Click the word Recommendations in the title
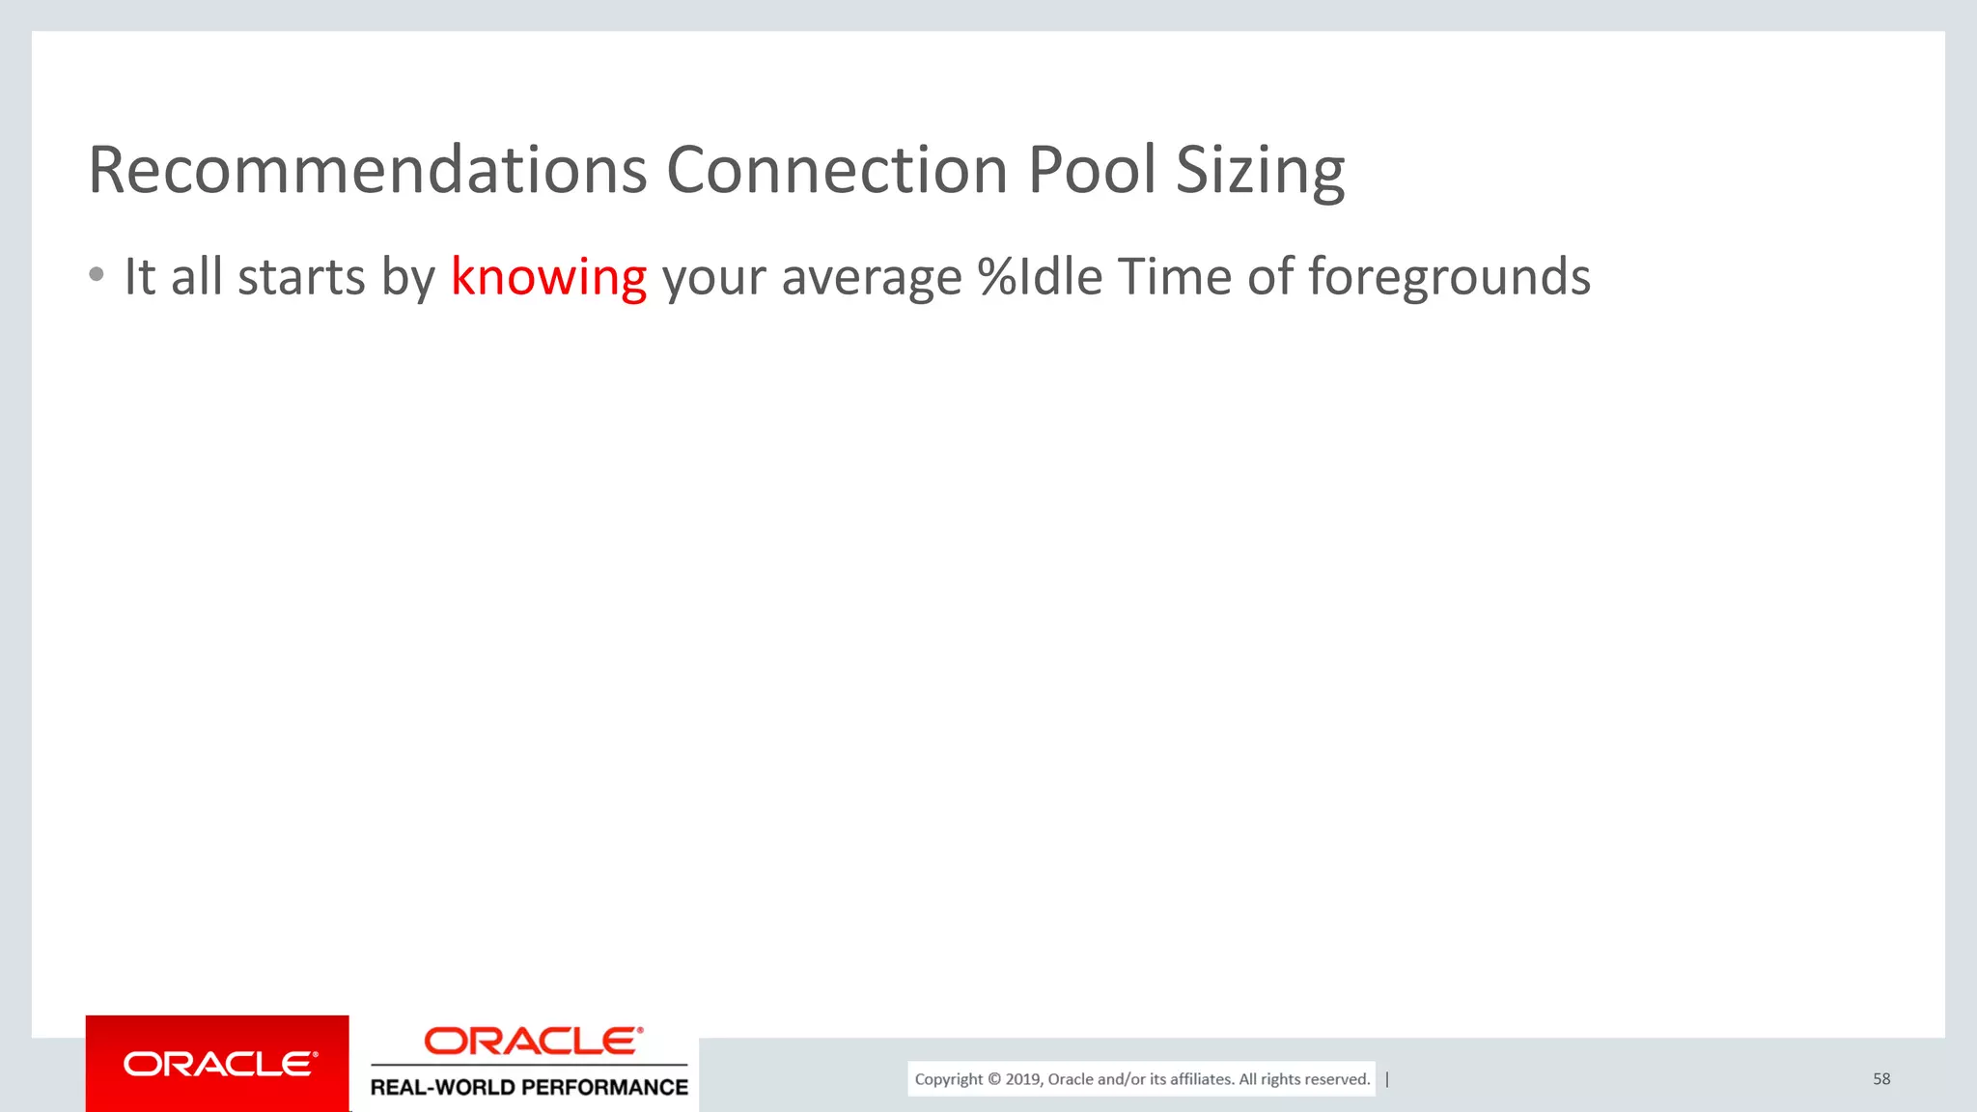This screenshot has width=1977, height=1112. (x=367, y=171)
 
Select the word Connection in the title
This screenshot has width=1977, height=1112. (x=837, y=171)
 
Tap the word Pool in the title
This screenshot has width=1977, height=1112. (x=1092, y=171)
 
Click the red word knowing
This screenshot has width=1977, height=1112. (x=548, y=279)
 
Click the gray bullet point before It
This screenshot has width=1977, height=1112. (x=96, y=275)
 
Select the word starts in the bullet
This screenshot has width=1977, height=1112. (x=301, y=278)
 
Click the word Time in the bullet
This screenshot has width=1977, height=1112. (x=1175, y=277)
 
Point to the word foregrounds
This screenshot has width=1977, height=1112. (x=1449, y=279)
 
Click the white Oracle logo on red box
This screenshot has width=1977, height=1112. (x=219, y=1064)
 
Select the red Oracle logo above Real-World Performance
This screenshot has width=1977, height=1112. (x=533, y=1041)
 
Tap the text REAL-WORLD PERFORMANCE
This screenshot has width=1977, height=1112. (x=529, y=1088)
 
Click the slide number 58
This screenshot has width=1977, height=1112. (x=1881, y=1079)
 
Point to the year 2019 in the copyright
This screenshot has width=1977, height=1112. (x=1022, y=1079)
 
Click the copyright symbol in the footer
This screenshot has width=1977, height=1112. (x=994, y=1079)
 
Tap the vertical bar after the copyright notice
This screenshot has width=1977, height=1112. (x=1387, y=1079)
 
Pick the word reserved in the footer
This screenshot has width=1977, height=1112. (x=1337, y=1079)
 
